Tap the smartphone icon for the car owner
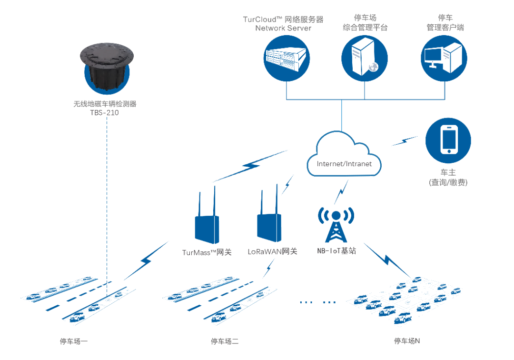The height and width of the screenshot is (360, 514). point(448,140)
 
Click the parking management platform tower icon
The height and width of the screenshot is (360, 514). point(365,57)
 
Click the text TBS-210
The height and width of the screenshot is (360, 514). point(104,113)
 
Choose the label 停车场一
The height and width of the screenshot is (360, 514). point(74,341)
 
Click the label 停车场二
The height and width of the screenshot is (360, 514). point(225,341)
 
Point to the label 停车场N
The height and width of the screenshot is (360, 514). point(407,341)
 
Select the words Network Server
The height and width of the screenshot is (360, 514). point(283,28)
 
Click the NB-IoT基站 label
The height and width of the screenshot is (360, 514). point(336,250)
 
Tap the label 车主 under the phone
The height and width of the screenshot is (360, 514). point(448,172)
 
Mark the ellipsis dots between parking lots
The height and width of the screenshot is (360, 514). point(318,302)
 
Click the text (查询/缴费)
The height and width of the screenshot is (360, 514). point(448,182)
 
